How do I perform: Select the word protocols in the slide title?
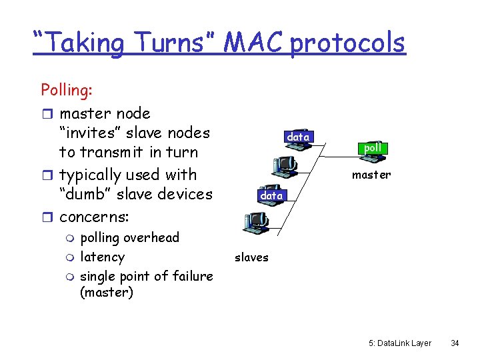pyautogui.click(x=347, y=43)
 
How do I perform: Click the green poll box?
pyautogui.click(x=373, y=147)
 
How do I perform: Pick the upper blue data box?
pyautogui.click(x=297, y=137)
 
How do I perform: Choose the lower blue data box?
pyautogui.click(x=271, y=195)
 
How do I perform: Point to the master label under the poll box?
pyautogui.click(x=371, y=175)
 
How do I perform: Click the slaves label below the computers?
pyautogui.click(x=251, y=257)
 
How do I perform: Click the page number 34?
pyautogui.click(x=455, y=343)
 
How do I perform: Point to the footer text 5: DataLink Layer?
pyautogui.click(x=400, y=343)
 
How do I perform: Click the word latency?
pyautogui.click(x=102, y=257)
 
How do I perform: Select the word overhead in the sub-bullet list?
pyautogui.click(x=151, y=237)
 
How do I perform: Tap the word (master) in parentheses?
pyautogui.click(x=107, y=292)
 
